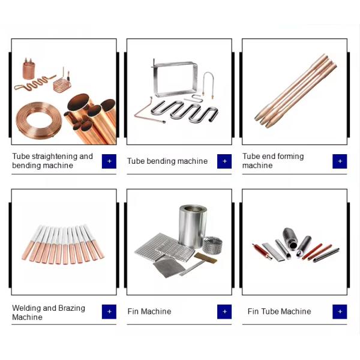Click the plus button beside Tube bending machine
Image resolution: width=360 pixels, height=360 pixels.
[x=224, y=161]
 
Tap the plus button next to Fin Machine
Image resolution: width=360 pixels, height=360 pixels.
[x=224, y=311]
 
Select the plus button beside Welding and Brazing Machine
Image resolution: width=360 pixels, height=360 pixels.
[x=109, y=311]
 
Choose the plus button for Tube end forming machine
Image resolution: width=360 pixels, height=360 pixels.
[x=340, y=161]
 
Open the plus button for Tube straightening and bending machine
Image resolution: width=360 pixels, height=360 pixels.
[x=109, y=161]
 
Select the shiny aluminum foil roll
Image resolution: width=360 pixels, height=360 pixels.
[x=193, y=226]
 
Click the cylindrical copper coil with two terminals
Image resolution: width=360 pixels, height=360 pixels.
[x=29, y=69]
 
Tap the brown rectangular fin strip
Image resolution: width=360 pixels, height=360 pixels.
[x=205, y=258]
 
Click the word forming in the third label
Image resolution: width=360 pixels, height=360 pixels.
[x=290, y=157]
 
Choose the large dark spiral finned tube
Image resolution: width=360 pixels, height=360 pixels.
[x=290, y=238]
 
